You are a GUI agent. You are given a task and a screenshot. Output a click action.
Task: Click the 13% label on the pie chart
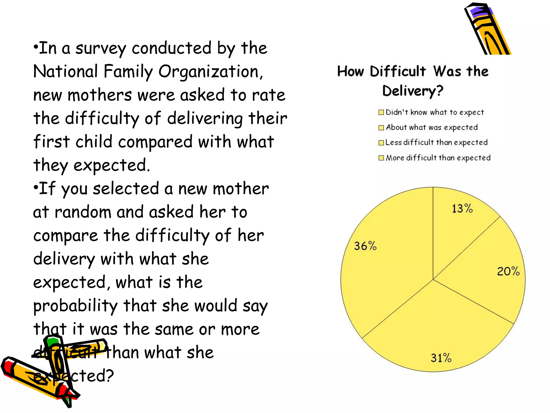point(462,209)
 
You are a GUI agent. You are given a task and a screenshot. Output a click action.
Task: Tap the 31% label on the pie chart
point(441,358)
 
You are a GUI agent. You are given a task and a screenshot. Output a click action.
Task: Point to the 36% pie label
point(365,246)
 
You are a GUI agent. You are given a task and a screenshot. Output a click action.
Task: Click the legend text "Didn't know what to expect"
point(435,112)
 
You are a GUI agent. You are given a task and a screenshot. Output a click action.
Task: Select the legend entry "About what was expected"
point(432,127)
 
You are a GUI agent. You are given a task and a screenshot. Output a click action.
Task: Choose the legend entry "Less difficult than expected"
point(436,143)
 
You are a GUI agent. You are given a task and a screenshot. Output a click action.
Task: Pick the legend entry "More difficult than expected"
point(438,158)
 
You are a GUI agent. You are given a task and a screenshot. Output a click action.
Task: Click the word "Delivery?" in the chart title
point(412,91)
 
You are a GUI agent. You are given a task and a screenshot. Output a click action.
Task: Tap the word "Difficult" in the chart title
point(398,72)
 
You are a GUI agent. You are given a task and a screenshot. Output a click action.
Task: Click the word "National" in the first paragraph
point(65,72)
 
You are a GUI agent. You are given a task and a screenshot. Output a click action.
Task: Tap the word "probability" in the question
point(75,306)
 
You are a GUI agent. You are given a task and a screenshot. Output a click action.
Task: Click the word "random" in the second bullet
point(83,212)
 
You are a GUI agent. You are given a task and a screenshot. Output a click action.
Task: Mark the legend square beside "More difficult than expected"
point(381,158)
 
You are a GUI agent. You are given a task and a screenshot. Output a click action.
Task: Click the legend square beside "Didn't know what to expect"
point(381,112)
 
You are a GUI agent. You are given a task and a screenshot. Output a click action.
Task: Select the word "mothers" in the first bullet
point(100,95)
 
